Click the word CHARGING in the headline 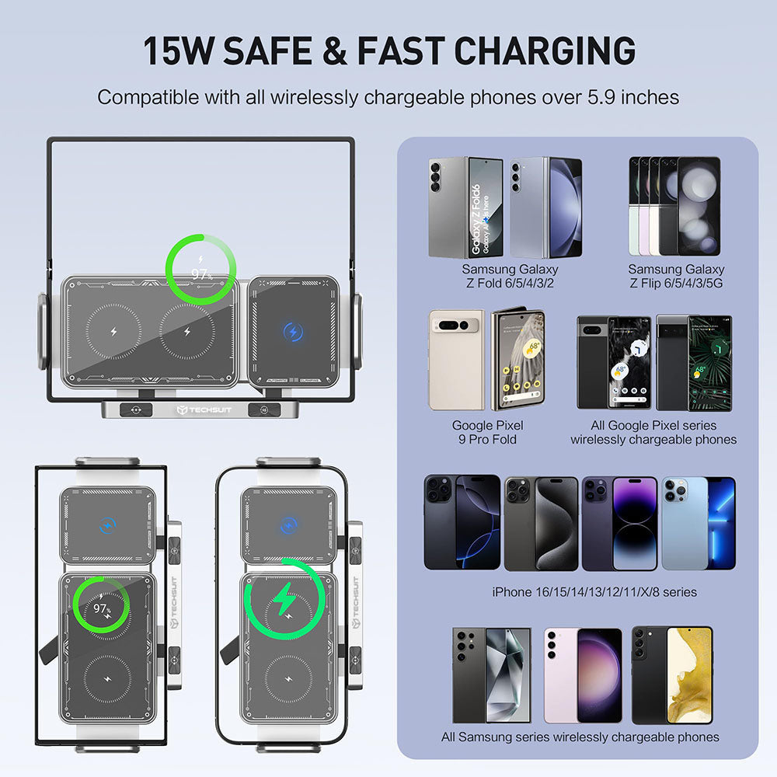545,51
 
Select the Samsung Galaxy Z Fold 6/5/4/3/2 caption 510,276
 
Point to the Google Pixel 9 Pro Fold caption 487,432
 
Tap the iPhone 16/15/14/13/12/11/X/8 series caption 594,592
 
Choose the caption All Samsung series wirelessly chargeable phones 580,737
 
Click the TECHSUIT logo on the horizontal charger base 195,409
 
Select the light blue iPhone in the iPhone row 696,523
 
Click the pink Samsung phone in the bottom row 583,675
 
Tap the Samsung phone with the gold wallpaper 673,675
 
